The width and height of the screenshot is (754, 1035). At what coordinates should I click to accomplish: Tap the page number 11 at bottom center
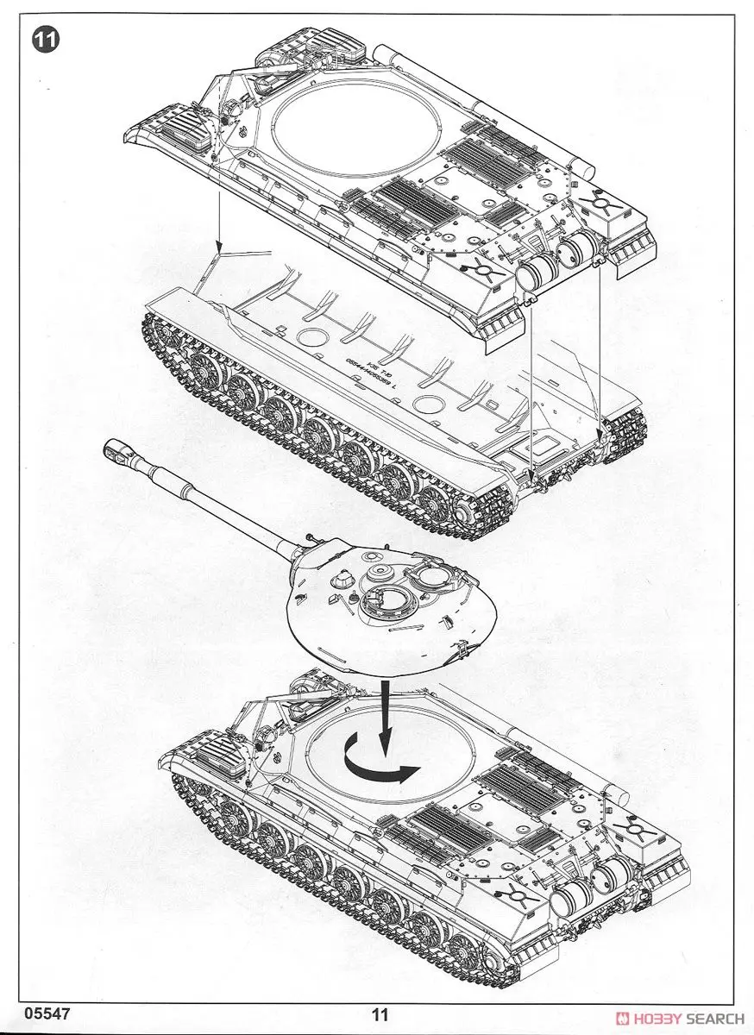[x=380, y=1016]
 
